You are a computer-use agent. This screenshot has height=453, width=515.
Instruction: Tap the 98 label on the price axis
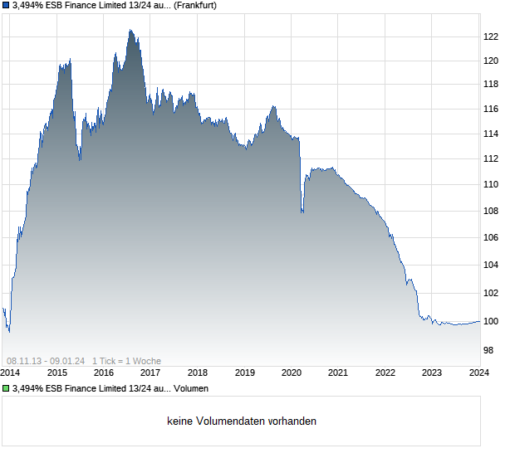pos(490,351)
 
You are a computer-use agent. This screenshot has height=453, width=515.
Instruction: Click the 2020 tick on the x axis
pos(291,373)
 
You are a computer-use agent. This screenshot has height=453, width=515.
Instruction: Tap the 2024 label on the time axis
pos(479,373)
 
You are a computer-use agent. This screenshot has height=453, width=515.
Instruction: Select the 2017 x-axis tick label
pos(150,373)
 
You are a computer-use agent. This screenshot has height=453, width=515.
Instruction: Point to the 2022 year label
pos(385,373)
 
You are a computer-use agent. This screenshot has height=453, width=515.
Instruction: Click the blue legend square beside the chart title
pos(6,5)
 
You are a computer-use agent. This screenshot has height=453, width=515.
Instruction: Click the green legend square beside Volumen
pos(6,388)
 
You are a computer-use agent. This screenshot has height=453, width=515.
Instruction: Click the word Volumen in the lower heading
pos(191,388)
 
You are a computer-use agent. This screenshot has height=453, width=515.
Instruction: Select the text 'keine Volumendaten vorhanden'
pos(242,421)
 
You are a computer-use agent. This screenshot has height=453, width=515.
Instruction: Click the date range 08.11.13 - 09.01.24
pos(46,361)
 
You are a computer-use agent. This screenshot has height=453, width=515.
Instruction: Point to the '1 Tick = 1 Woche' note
pos(126,361)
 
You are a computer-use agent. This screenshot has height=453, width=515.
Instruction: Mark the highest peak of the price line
pos(130,30)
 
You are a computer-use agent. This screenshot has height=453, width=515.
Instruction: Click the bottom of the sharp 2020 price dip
pos(302,213)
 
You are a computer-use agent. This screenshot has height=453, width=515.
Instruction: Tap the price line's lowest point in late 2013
pos(8,332)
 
